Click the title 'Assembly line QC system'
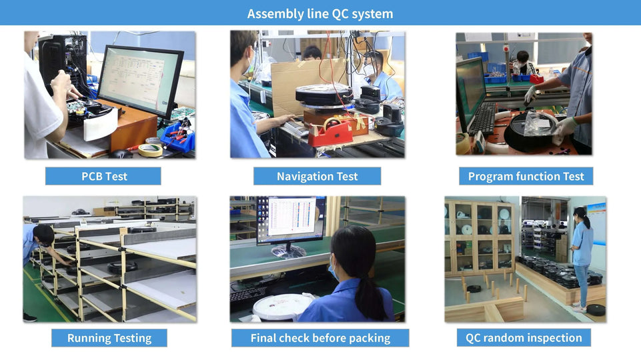pyautogui.click(x=320, y=14)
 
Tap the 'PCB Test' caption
pyautogui.click(x=104, y=177)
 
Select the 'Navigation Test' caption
pyautogui.click(x=317, y=177)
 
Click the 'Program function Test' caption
pyautogui.click(x=526, y=177)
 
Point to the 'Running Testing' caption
pyautogui.click(x=109, y=339)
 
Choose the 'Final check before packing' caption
pyautogui.click(x=320, y=339)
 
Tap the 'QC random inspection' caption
pyautogui.click(x=524, y=338)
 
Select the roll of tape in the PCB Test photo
pyautogui.click(x=150, y=150)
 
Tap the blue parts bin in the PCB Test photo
pyautogui.click(x=178, y=137)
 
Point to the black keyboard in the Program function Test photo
pyautogui.click(x=484, y=119)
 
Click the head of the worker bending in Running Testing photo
pyautogui.click(x=43, y=235)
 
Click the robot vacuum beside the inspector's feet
pyautogui.click(x=595, y=309)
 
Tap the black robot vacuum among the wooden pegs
pyautogui.click(x=474, y=289)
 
